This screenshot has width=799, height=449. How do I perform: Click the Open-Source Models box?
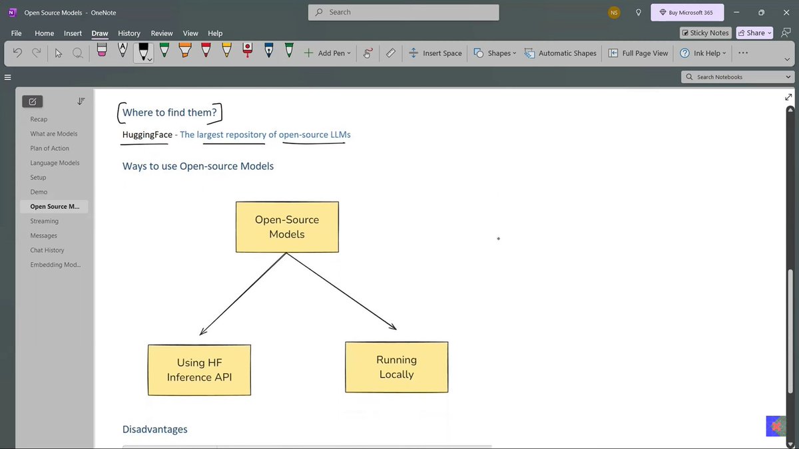(x=287, y=227)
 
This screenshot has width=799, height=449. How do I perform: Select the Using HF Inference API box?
(x=199, y=370)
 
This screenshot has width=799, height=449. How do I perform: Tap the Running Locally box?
(x=396, y=367)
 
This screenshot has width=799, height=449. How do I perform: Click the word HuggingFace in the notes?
(x=147, y=134)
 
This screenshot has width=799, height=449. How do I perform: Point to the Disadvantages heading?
(x=154, y=429)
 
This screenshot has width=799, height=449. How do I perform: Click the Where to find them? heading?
(x=169, y=112)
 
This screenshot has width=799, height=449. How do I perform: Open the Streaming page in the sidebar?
(x=45, y=221)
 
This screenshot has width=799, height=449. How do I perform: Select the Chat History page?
(x=47, y=250)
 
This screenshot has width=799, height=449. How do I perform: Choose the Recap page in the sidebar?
(x=39, y=119)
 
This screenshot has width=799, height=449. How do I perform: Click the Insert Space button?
(x=435, y=53)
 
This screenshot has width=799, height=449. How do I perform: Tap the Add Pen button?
(x=327, y=53)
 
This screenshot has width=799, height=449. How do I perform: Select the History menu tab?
(x=129, y=33)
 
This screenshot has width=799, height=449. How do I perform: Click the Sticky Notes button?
(x=705, y=33)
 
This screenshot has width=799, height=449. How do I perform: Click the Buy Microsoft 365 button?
(x=686, y=13)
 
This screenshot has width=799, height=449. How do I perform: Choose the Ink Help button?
(x=702, y=53)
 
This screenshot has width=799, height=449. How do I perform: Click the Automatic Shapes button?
(x=561, y=53)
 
